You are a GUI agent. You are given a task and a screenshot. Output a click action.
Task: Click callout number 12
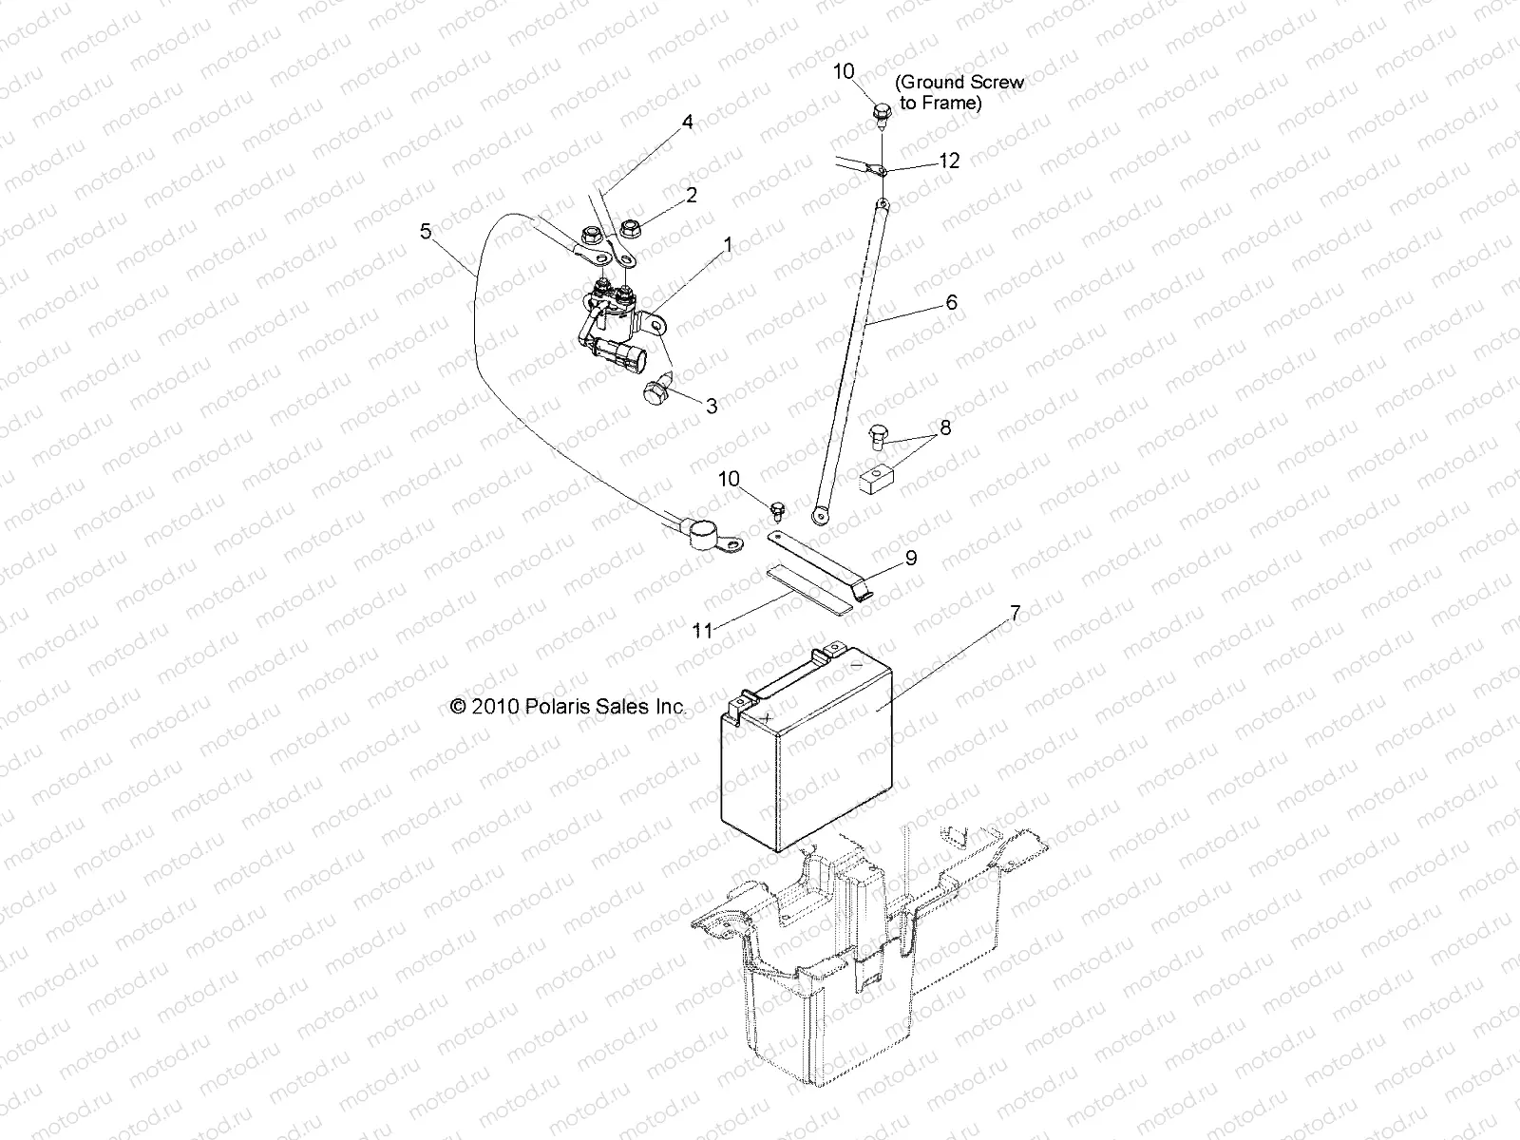(948, 161)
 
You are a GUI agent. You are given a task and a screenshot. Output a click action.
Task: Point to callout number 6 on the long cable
(951, 303)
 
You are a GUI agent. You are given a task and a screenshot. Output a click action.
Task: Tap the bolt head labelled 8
(876, 438)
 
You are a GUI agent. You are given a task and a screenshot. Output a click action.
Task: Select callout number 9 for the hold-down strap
(910, 558)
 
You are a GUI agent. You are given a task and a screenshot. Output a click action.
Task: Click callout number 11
(701, 631)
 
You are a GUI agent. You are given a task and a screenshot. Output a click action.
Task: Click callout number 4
(687, 122)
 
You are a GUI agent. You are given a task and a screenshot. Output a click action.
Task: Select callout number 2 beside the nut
(691, 195)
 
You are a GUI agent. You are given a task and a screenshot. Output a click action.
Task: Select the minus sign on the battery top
(856, 666)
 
